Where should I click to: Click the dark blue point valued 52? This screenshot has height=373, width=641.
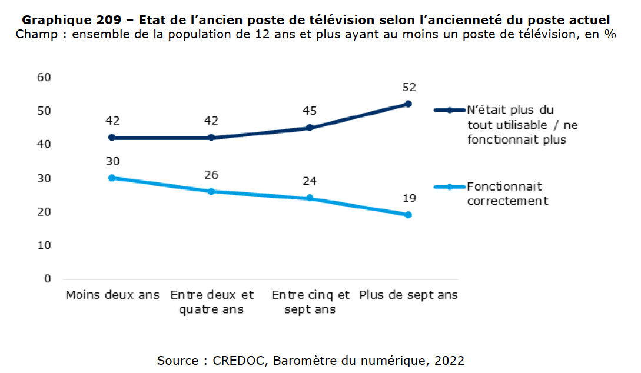(408, 104)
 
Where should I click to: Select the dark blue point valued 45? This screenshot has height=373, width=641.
(310, 128)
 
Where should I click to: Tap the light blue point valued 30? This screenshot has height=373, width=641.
(112, 178)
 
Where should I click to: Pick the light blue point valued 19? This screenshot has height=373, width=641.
(408, 215)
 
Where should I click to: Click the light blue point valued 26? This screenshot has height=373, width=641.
(211, 191)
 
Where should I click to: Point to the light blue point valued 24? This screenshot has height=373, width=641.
(310, 198)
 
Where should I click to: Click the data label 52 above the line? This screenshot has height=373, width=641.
(408, 88)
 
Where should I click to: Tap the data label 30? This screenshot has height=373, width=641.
(112, 161)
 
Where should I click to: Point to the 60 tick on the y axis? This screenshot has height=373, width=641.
(45, 77)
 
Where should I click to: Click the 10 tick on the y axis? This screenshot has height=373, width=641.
(45, 245)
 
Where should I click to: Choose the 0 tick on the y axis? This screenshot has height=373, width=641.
(48, 278)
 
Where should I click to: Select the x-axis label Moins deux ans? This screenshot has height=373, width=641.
(112, 295)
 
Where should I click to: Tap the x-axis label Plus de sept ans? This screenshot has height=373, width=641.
(408, 295)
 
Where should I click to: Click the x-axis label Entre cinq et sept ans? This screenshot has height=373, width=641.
(310, 302)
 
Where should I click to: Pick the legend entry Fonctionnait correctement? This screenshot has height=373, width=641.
(507, 194)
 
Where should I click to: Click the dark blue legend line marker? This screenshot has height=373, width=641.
(450, 110)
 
